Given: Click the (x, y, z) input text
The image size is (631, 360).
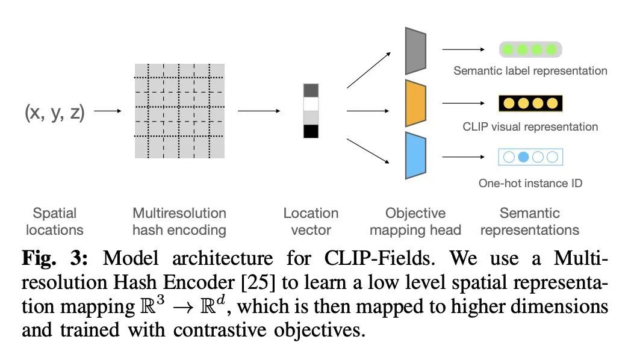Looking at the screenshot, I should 54,111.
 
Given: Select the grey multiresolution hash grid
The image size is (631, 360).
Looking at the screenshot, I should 179,111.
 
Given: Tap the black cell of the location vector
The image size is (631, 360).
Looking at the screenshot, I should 311,131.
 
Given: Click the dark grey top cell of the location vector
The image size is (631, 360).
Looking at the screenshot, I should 311,90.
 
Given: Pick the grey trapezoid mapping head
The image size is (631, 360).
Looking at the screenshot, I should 415,50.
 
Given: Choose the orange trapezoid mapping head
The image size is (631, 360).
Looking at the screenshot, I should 415,103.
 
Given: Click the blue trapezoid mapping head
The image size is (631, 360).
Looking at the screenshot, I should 415,155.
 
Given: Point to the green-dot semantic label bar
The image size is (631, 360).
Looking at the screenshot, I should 530,49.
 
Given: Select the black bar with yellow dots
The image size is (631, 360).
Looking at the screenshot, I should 530,104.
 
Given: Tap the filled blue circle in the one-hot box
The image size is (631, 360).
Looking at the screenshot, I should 523,157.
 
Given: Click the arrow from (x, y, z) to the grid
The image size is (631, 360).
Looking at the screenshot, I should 108,111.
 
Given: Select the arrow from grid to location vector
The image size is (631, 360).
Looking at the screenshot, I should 259,111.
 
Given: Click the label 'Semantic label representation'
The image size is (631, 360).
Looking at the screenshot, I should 530,71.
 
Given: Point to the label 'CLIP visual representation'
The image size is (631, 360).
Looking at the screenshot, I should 530,126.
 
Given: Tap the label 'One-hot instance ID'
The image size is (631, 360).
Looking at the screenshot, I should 530,182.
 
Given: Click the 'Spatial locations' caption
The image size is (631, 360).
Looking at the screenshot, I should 55,221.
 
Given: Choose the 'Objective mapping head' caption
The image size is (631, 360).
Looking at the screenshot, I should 415,221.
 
